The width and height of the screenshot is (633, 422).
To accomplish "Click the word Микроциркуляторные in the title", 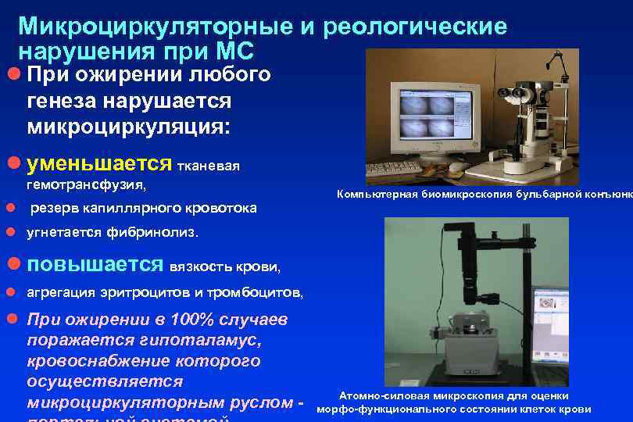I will pos(156,27).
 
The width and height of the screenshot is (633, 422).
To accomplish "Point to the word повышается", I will pos(95,264).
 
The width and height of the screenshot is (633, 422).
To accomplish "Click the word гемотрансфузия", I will pos(86,186).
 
